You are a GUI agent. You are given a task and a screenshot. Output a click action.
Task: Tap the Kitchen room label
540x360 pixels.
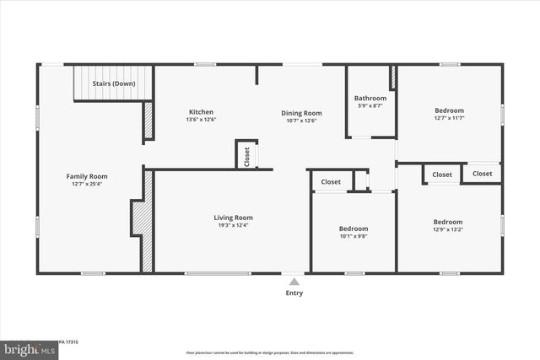(x=201, y=112)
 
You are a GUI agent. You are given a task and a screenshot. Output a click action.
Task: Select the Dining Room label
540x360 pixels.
(x=301, y=113)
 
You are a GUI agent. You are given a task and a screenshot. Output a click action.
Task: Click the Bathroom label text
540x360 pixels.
(x=370, y=98)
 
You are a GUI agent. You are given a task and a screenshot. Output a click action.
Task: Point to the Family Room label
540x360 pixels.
(x=87, y=176)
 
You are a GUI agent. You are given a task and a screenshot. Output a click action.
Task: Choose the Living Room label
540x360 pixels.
(x=233, y=218)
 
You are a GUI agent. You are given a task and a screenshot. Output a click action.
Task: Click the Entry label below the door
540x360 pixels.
(x=293, y=293)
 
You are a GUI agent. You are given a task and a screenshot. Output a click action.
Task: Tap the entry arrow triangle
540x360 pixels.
(x=293, y=282)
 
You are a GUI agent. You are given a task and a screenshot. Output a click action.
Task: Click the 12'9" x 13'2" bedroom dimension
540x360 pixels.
(x=448, y=230)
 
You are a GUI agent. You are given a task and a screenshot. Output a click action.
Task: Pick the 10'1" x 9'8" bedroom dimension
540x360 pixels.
(x=354, y=237)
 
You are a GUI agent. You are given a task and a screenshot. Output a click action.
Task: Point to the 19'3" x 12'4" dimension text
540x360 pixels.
(x=233, y=225)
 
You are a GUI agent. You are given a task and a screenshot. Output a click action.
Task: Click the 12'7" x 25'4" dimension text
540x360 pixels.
(x=87, y=185)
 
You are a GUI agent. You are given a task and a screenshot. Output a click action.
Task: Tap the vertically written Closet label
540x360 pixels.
(x=246, y=157)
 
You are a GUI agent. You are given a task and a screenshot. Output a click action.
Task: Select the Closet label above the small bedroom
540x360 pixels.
(x=331, y=182)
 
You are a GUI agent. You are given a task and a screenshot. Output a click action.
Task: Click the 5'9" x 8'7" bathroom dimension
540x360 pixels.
(x=370, y=105)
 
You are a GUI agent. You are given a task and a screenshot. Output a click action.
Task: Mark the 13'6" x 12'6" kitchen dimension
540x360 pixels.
(x=201, y=120)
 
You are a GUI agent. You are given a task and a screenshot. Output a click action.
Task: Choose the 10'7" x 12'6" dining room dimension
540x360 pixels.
(x=301, y=121)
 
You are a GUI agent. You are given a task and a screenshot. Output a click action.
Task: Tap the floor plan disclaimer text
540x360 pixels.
(x=270, y=352)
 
